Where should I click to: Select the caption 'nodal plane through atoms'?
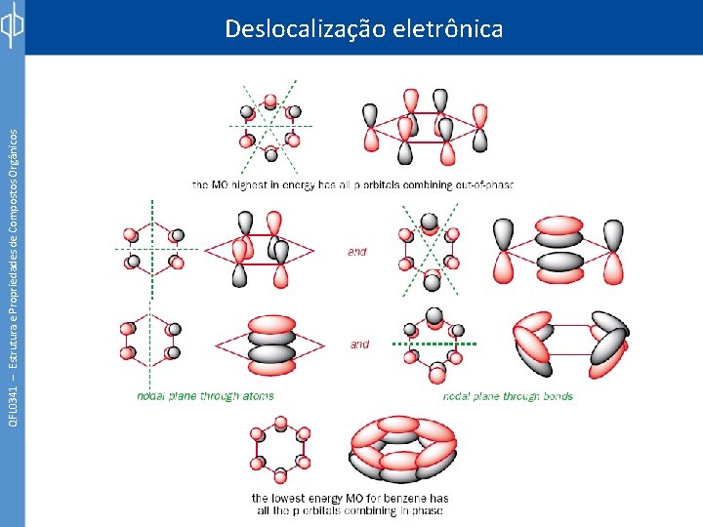205,396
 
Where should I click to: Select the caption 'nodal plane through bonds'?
508,396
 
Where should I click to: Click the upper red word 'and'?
357,252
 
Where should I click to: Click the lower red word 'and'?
360,344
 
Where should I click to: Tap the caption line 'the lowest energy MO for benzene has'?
351,498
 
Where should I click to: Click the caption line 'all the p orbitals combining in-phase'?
351,510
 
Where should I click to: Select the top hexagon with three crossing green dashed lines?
270,126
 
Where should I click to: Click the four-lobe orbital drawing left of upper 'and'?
261,251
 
